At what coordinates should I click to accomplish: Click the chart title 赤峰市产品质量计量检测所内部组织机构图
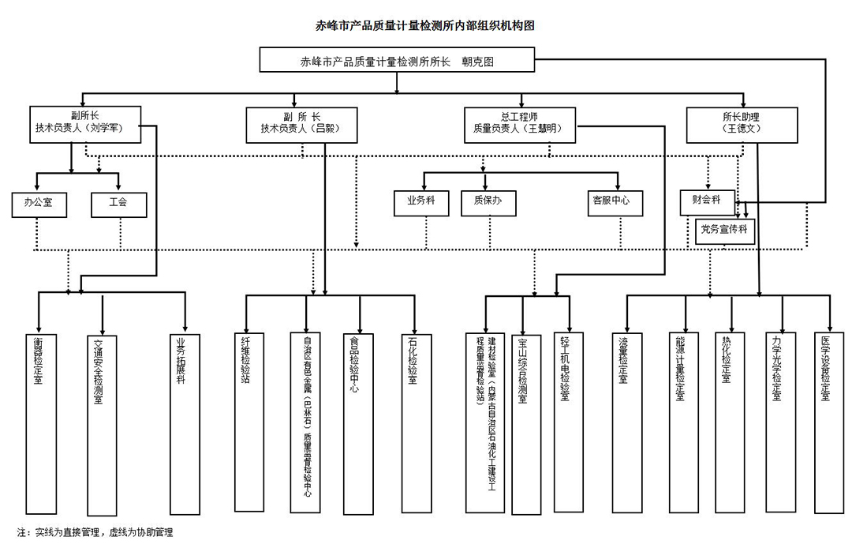click(425, 25)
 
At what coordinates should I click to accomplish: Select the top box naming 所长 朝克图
click(397, 61)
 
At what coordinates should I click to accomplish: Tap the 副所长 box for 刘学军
click(86, 123)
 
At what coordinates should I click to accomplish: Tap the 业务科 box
click(421, 202)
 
